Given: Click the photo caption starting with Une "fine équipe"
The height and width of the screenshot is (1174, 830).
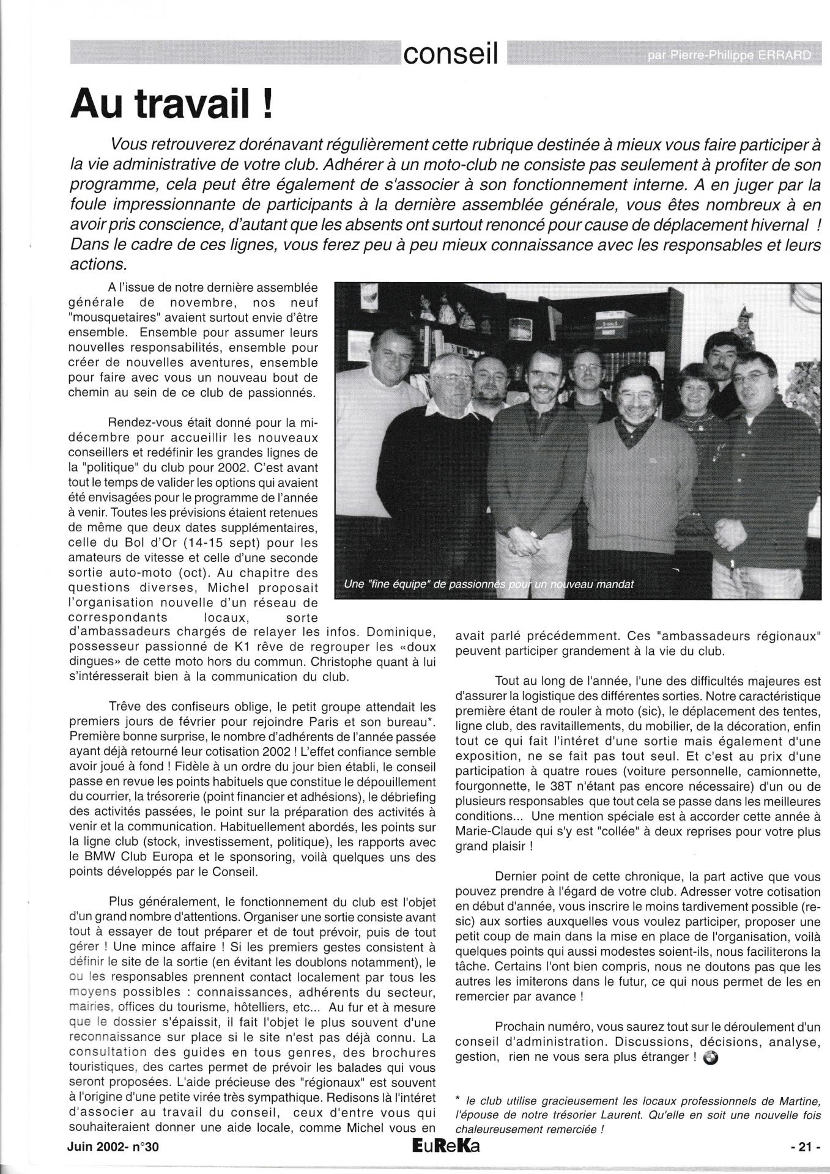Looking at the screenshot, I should click(489, 584).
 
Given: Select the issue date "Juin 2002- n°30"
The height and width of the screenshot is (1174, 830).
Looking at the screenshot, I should click(113, 1148).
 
